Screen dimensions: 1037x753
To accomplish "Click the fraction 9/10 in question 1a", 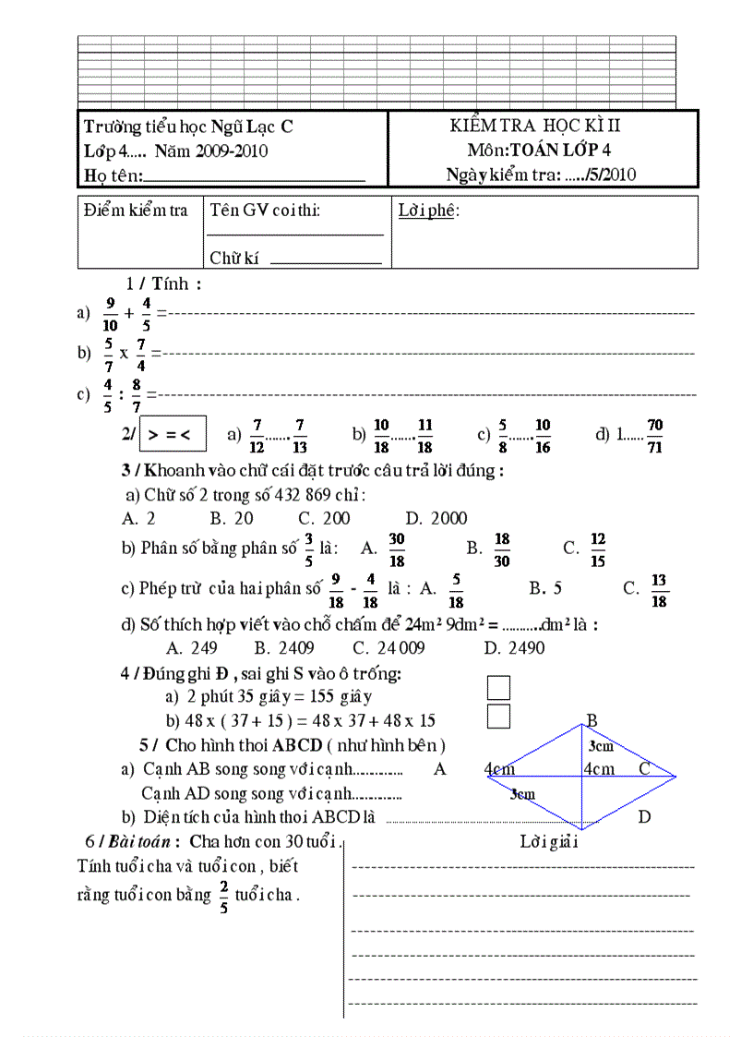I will (111, 314).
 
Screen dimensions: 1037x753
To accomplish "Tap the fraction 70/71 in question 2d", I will (655, 433).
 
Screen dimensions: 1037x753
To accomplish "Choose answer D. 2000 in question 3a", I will (436, 519).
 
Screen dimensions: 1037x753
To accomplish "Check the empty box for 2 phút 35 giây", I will (498, 688).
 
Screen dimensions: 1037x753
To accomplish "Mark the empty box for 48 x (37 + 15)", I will (498, 716).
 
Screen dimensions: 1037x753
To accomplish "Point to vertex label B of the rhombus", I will (592, 721).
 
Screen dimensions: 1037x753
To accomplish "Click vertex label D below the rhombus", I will (644, 816).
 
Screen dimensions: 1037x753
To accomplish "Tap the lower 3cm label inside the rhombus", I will (522, 793).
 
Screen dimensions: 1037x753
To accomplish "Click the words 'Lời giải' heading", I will (549, 841).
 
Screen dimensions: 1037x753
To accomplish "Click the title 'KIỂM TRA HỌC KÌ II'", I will (536, 127).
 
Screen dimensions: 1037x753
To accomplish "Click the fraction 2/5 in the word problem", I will (222, 896).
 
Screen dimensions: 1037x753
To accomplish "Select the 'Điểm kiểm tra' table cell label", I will (136, 211).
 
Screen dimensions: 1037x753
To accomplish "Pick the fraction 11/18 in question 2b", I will (424, 433).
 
